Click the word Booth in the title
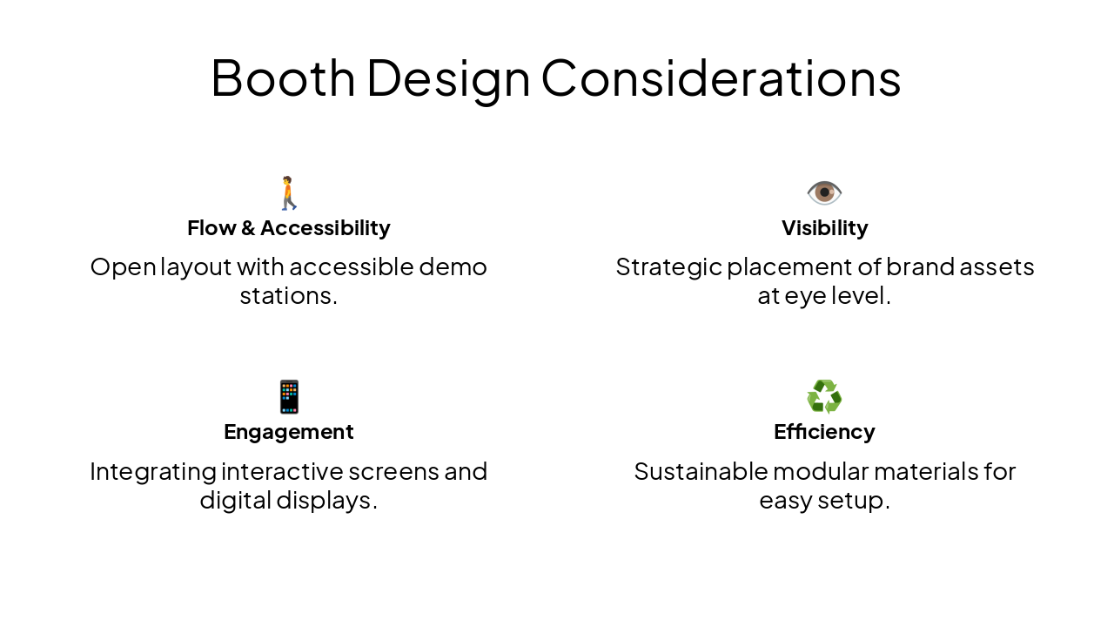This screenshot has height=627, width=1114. click(x=283, y=78)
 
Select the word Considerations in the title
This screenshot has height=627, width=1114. click(x=721, y=78)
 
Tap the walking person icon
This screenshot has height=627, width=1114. click(x=288, y=193)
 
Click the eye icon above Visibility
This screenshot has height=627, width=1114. click(x=824, y=192)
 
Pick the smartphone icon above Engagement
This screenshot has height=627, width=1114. click(x=289, y=397)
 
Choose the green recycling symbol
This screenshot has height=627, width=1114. click(x=824, y=397)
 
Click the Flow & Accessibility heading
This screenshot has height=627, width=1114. click(x=289, y=228)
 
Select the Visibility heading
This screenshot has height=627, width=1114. click(x=824, y=228)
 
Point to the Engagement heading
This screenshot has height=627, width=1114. click(x=289, y=432)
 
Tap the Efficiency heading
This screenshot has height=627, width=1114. click(x=824, y=432)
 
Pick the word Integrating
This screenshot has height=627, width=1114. click(x=152, y=471)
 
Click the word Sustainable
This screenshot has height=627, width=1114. click(x=700, y=471)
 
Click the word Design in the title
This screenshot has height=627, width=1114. click(x=448, y=78)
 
